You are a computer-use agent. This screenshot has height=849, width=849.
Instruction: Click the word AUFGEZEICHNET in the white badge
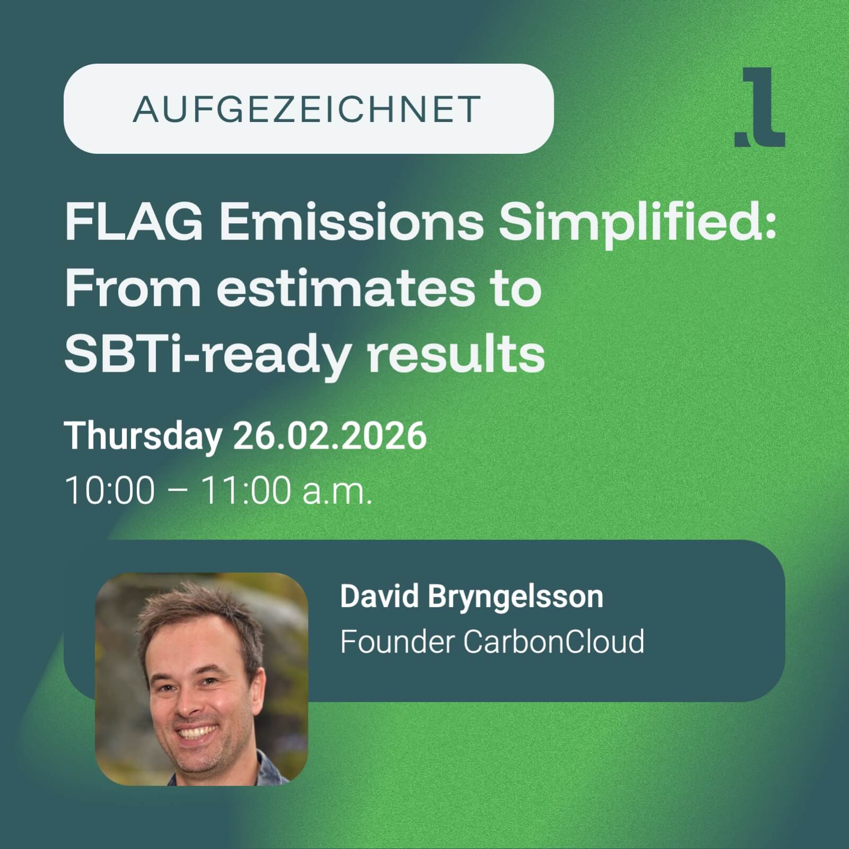point(307,109)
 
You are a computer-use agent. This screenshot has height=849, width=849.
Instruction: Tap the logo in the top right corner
point(759,107)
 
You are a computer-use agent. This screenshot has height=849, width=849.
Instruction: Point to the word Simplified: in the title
point(638,225)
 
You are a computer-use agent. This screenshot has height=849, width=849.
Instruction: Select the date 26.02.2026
point(330,436)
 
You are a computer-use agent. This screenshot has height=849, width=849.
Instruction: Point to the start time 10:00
point(110,490)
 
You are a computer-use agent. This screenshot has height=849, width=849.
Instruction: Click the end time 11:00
point(246,490)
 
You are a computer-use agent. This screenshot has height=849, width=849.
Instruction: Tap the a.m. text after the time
point(337,493)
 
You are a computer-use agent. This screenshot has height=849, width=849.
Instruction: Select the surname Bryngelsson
point(515,598)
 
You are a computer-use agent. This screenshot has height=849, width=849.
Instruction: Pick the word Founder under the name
point(397,642)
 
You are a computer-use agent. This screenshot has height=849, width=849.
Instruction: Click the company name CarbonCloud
point(554,642)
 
